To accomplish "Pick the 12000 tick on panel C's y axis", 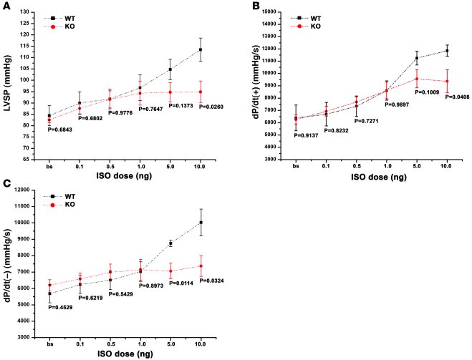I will click(x=27, y=190).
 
